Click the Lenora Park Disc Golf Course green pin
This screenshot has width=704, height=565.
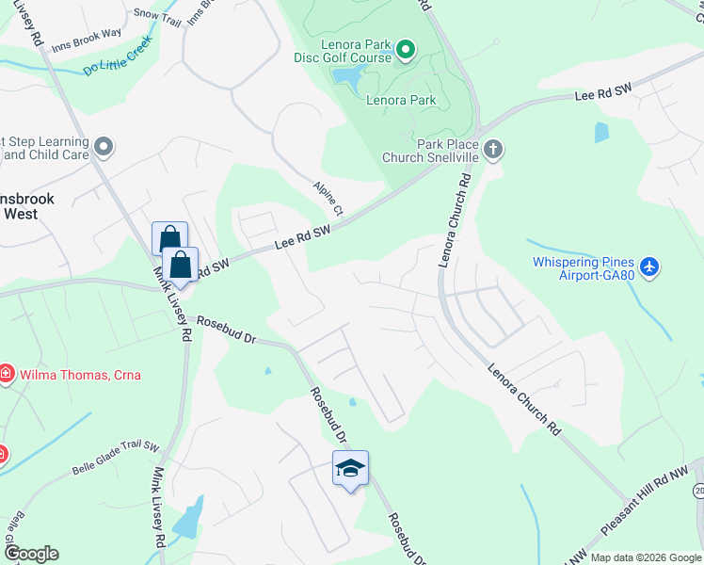click(x=406, y=50)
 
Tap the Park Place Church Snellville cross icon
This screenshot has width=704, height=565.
click(x=492, y=149)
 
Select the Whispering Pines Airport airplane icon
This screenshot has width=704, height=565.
click(x=648, y=267)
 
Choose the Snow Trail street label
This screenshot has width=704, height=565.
click(x=156, y=13)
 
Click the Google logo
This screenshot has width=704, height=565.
click(x=31, y=554)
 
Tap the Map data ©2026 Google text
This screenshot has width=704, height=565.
click(x=646, y=557)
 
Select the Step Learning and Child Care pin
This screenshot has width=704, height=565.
click(x=104, y=148)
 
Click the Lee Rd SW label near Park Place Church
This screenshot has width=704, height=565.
click(x=601, y=96)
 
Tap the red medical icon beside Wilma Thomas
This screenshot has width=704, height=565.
click(x=7, y=375)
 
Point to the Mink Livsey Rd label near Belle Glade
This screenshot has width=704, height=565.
click(x=160, y=507)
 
